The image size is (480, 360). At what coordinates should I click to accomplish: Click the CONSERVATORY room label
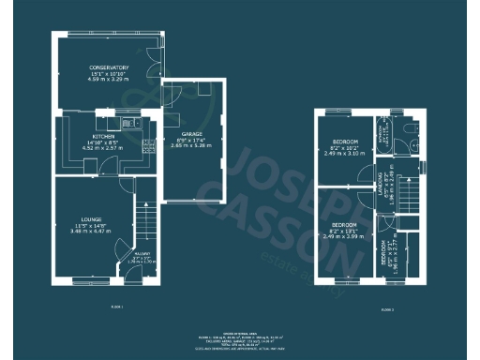[x=103, y=69]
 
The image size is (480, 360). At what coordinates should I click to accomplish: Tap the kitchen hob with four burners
[x=148, y=145]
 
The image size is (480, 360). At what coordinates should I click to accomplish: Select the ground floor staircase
[x=144, y=223]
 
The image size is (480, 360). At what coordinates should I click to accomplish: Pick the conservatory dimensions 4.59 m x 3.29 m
[x=103, y=81]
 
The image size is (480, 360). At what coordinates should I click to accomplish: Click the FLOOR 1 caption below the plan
[x=116, y=307]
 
